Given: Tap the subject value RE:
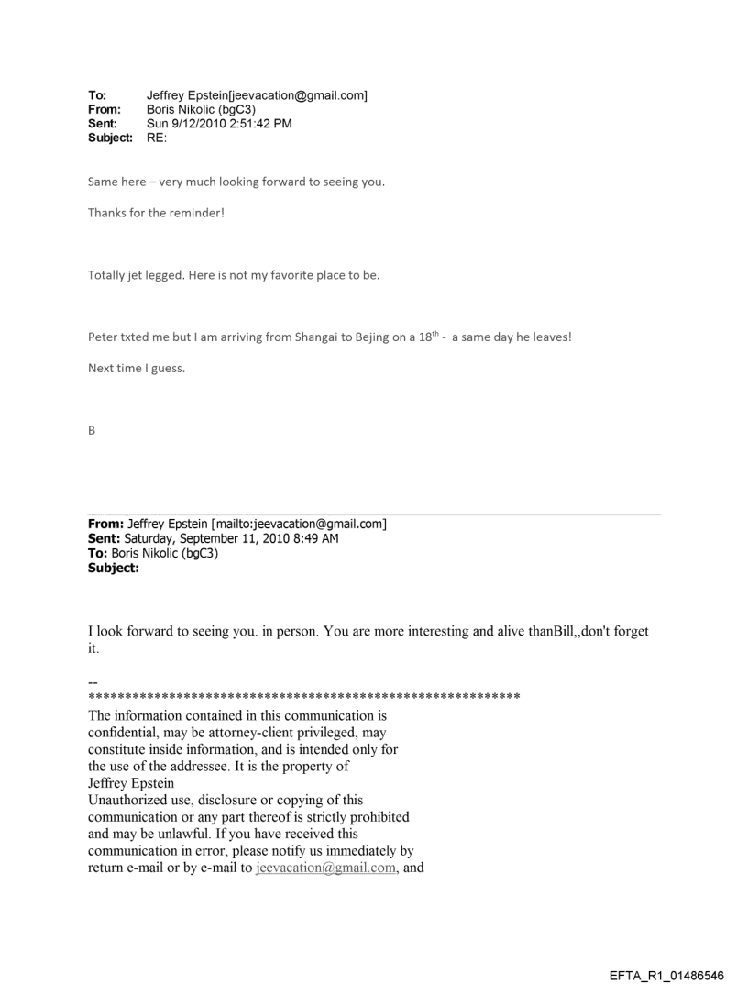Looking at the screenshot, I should pos(158,138).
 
